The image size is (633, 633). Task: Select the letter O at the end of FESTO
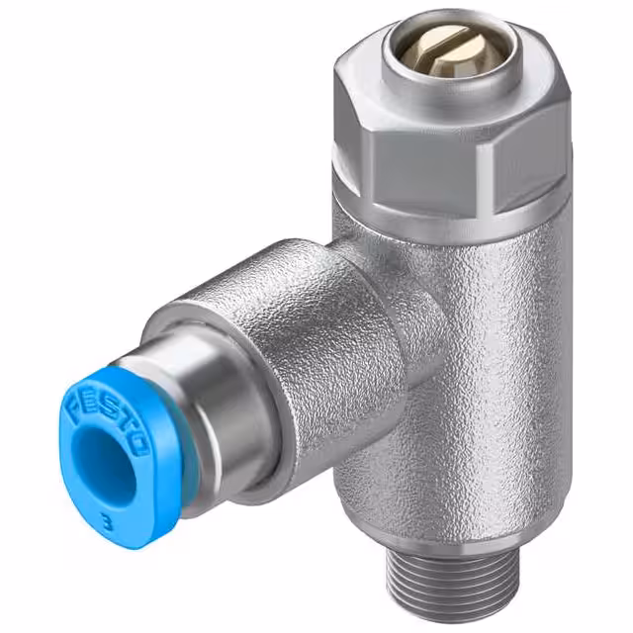pos(139,438)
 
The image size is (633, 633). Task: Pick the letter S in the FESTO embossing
pos(106,406)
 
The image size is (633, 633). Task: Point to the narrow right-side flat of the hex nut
pos(554,148)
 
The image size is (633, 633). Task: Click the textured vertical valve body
pos(475,376)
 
